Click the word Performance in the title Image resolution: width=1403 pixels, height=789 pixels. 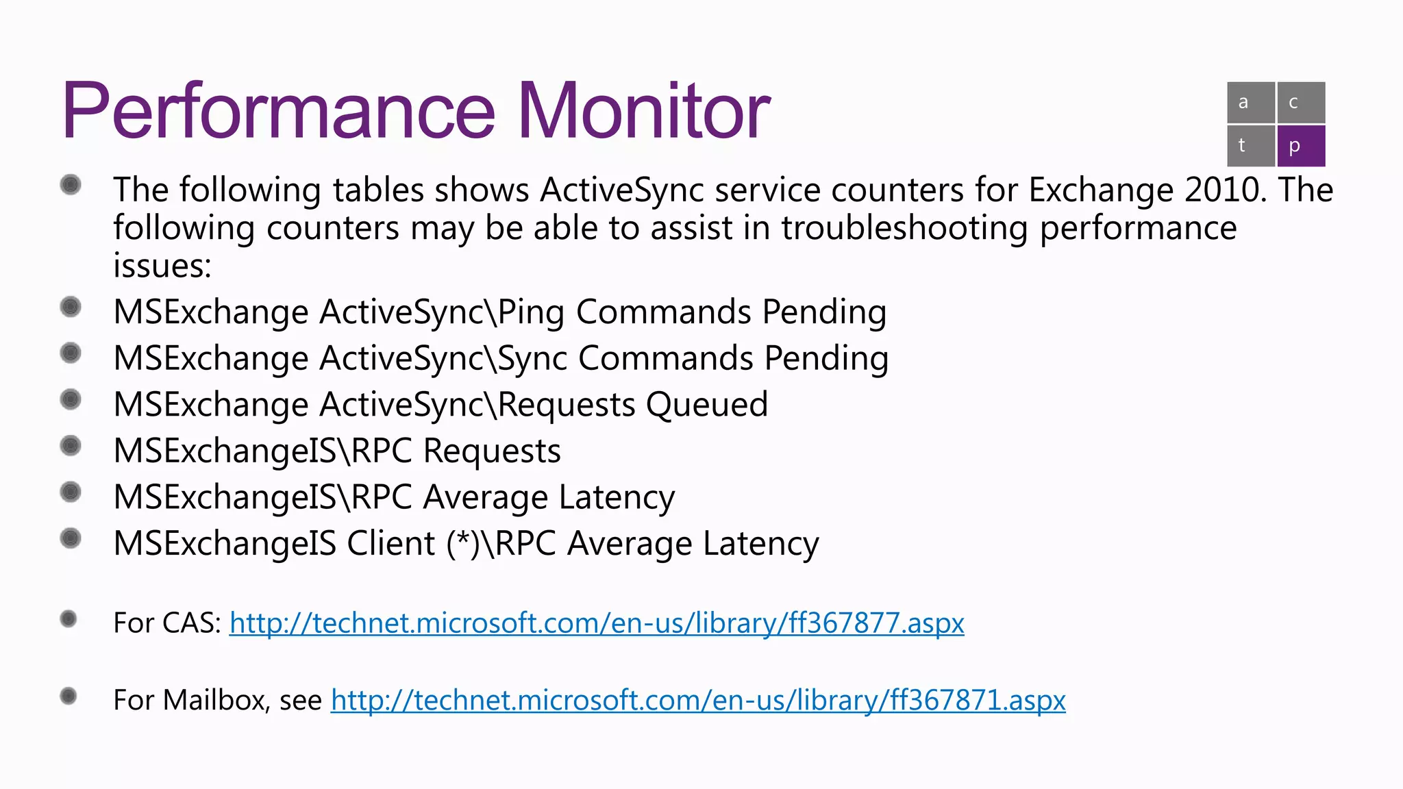point(277,111)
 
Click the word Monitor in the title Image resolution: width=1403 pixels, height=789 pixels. point(644,111)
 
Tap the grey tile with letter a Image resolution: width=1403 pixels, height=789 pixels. point(1250,103)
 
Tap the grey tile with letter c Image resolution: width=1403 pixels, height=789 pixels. point(1300,103)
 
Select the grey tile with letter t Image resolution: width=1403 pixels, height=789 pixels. point(1250,145)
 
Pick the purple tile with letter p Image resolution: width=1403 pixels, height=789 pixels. point(1300,145)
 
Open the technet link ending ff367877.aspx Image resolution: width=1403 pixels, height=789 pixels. point(596,623)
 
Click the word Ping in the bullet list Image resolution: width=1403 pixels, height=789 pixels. point(531,312)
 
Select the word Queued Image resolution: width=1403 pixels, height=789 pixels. point(707,404)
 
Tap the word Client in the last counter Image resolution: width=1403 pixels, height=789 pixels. point(390,543)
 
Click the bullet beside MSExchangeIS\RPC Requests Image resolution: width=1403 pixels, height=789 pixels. point(71,447)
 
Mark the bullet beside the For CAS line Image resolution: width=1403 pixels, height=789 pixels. point(69,619)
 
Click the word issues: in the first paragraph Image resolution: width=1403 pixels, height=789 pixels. point(162,266)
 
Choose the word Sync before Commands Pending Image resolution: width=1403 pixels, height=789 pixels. point(532,358)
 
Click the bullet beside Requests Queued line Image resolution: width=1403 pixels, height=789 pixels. point(71,399)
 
